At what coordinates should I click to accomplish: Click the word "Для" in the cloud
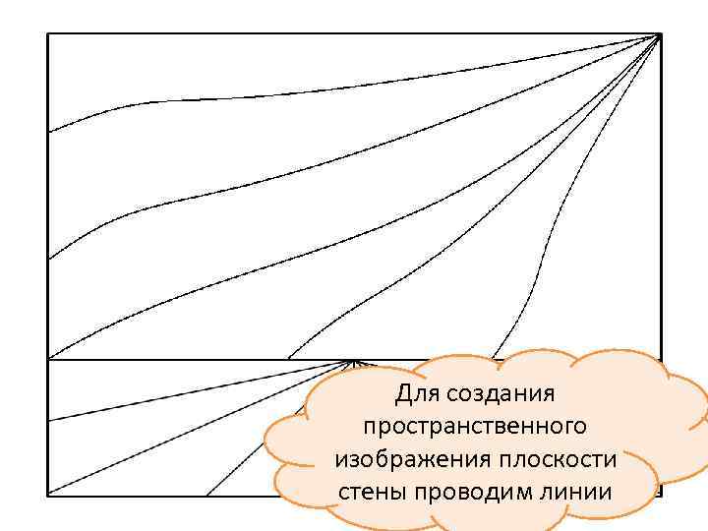pos(414,395)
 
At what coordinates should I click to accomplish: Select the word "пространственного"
pos(475,427)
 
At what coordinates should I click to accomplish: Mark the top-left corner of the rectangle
pos(48,34)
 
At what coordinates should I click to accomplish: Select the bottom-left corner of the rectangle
pos(48,494)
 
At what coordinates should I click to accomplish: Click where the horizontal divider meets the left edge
pos(48,360)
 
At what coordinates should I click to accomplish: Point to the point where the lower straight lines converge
pos(352,362)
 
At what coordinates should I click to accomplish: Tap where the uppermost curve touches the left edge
pos(48,132)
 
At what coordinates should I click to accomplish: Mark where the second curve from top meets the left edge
pos(48,258)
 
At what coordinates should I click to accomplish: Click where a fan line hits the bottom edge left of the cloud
pos(206,494)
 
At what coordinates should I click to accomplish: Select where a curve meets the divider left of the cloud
pos(289,360)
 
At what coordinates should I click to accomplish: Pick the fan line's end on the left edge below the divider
pos(48,422)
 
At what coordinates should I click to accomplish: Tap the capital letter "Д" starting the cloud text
pos(403,395)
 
